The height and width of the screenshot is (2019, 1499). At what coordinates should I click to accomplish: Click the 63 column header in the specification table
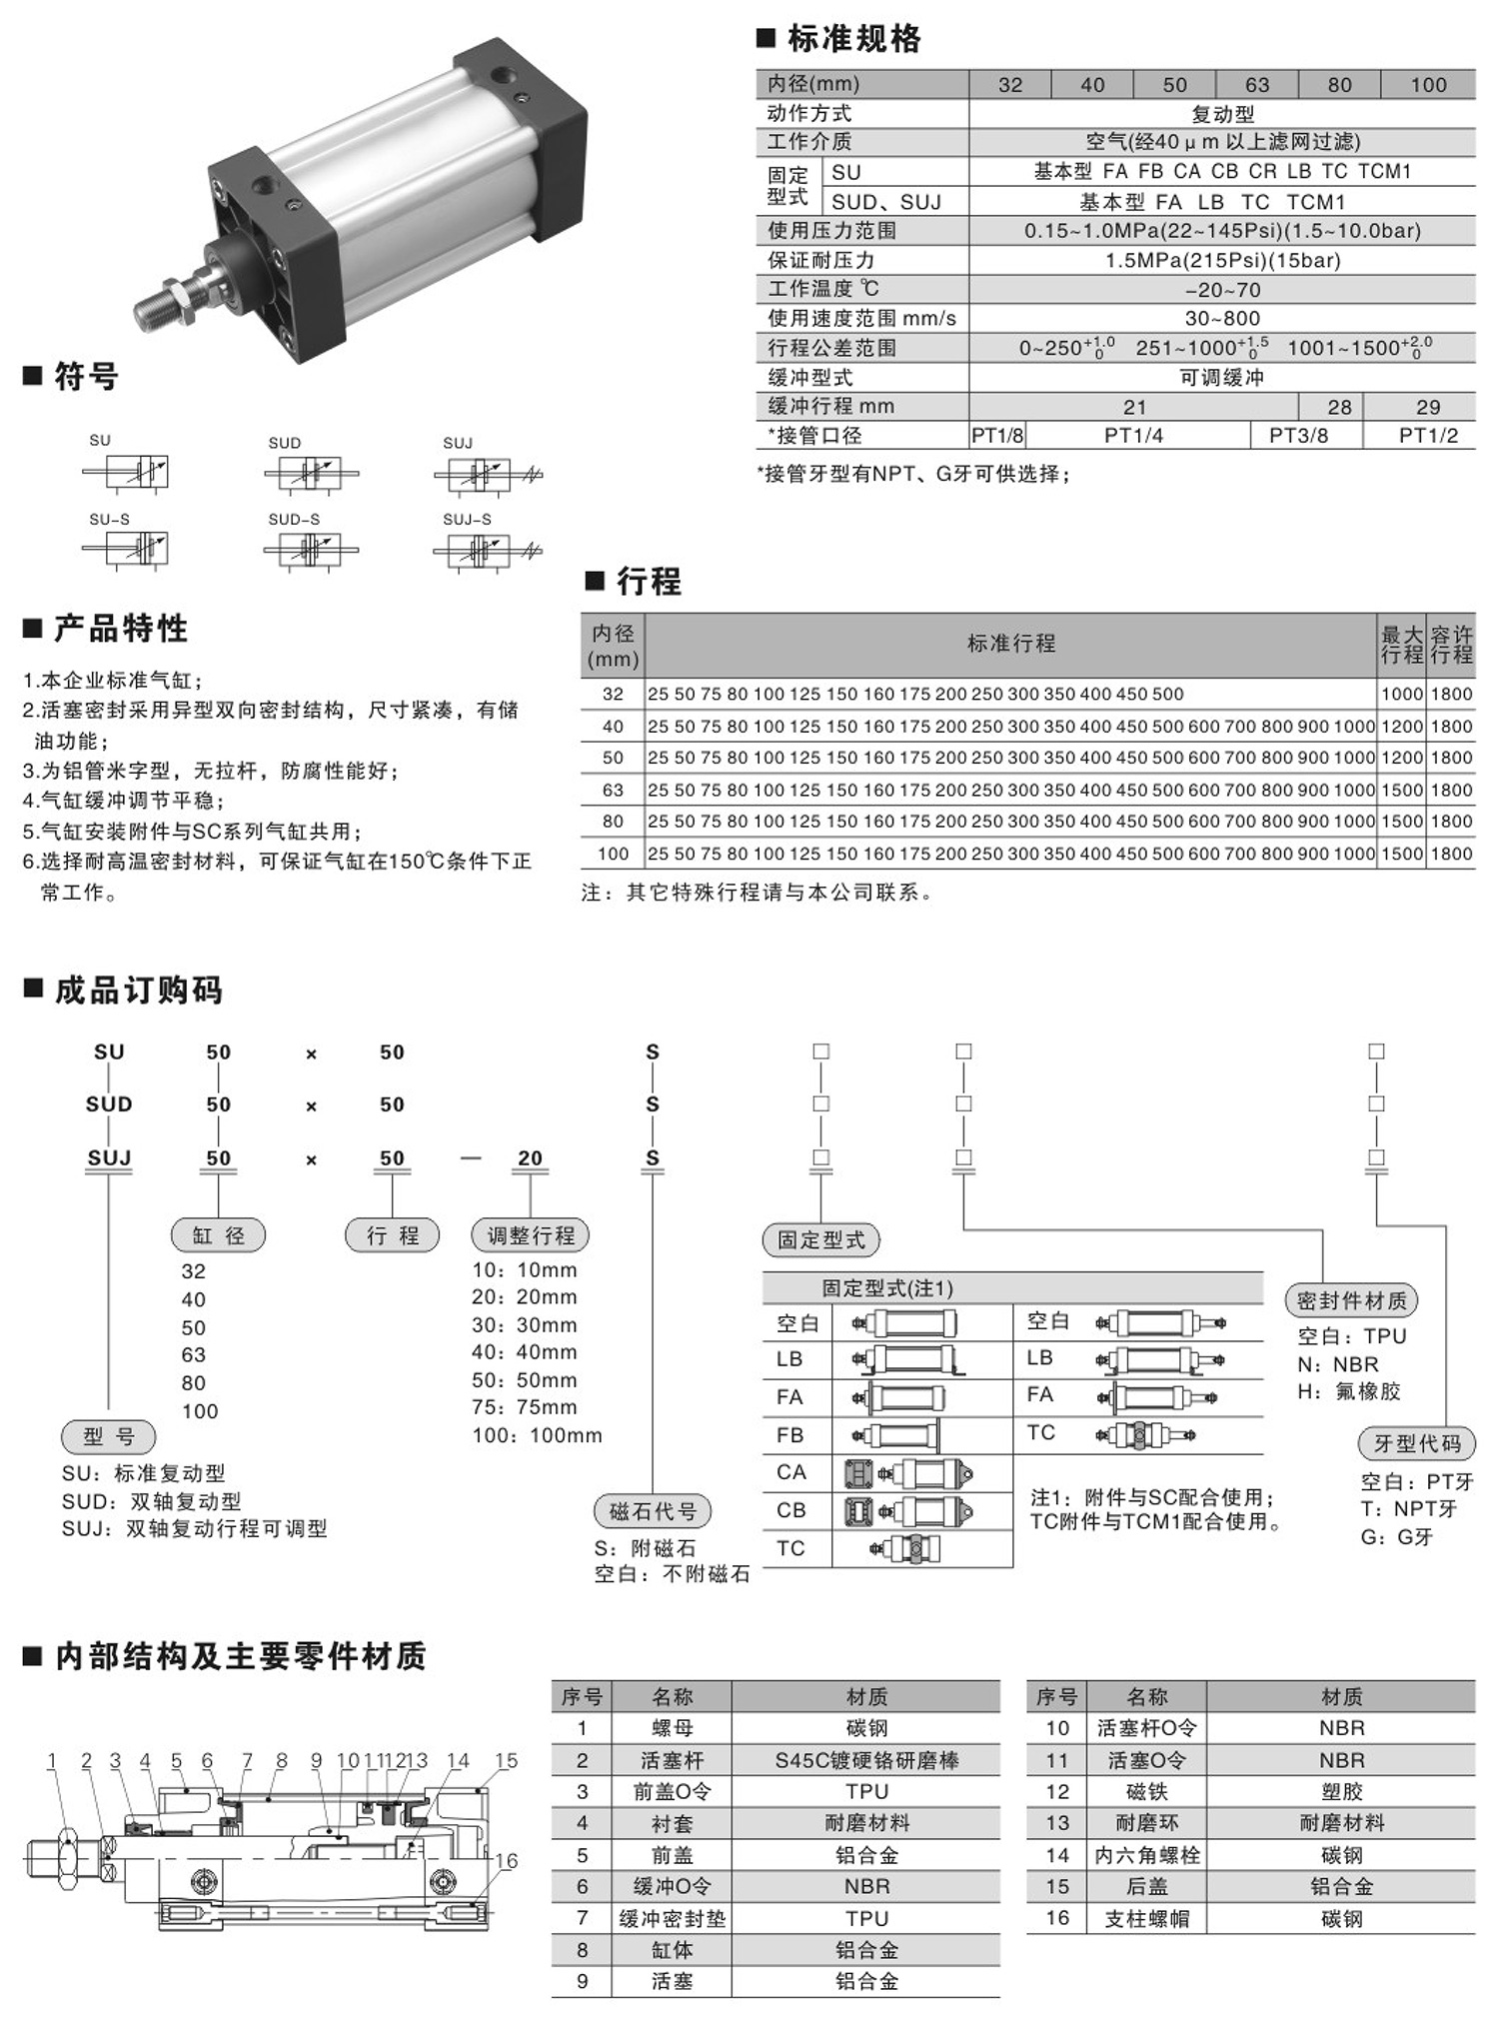tap(1256, 85)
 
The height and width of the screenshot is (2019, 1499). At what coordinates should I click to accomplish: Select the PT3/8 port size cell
tap(1298, 436)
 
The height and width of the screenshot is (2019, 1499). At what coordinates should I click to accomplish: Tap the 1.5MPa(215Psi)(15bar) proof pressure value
tap(1222, 261)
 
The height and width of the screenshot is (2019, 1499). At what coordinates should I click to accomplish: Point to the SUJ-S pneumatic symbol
tap(487, 550)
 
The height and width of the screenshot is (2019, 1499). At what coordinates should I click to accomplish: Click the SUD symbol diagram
tap(310, 473)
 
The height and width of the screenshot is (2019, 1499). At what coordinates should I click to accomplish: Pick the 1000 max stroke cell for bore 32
tap(1401, 694)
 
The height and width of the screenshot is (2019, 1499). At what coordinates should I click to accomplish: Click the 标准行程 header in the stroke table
tap(1010, 644)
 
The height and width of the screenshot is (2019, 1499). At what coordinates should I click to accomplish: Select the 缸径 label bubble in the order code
tap(219, 1235)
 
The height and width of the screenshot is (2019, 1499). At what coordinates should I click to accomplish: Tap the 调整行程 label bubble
tap(531, 1235)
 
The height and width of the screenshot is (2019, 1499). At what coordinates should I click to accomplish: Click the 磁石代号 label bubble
tap(653, 1511)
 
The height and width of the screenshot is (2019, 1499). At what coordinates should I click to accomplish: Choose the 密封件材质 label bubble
tap(1351, 1300)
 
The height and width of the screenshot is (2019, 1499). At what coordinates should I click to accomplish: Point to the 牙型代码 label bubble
tap(1417, 1443)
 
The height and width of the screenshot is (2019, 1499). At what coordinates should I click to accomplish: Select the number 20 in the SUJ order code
tap(530, 1158)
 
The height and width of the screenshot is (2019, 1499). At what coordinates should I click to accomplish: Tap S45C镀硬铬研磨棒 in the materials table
tap(866, 1760)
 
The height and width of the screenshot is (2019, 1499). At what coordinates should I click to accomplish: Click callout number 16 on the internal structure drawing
tap(507, 1860)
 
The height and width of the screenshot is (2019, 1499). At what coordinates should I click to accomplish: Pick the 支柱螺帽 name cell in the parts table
tap(1146, 1918)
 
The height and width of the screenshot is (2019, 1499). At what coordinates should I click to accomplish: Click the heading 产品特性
tap(121, 629)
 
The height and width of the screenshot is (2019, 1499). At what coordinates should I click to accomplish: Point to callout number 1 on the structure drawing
tap(52, 1760)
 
